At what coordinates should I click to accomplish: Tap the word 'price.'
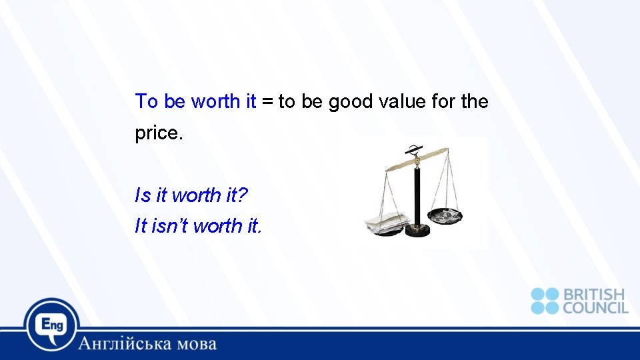(158, 133)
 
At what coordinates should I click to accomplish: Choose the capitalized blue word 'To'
(147, 102)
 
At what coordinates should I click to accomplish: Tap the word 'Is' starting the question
(143, 195)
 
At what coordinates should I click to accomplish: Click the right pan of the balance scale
(445, 215)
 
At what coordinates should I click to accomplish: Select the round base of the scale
(418, 230)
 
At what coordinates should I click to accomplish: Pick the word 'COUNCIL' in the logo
(595, 307)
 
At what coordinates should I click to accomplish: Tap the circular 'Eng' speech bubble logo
(52, 325)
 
